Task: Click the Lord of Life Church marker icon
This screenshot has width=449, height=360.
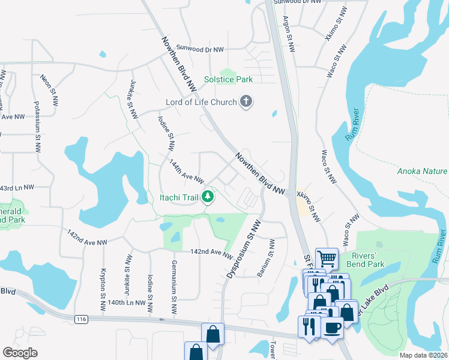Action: point(246,102)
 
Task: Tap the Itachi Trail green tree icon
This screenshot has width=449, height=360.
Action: point(208,196)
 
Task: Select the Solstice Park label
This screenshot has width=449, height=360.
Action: point(228,79)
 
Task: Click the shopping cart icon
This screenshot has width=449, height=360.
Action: point(327,259)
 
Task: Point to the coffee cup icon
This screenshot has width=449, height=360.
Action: point(333,328)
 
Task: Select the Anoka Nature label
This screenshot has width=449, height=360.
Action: point(423,171)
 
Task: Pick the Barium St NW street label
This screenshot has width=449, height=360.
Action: point(267,258)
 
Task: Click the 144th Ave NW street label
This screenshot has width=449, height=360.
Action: point(187,172)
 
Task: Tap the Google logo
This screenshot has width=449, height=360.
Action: point(20,353)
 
